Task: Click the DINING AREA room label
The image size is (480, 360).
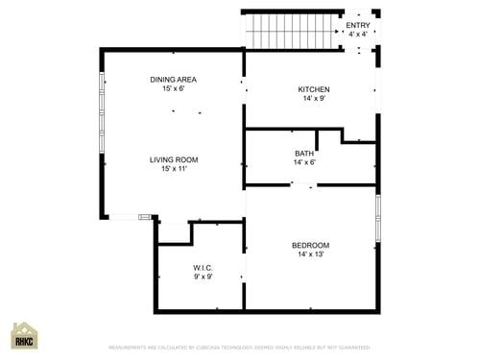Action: click(173, 80)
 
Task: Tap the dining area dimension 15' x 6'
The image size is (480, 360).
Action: click(173, 89)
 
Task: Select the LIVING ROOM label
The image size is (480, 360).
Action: click(173, 159)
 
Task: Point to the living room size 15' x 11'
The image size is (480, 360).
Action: click(173, 169)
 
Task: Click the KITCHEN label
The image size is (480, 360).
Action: click(313, 89)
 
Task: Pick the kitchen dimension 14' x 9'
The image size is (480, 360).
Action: click(313, 99)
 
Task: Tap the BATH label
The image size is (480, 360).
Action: click(303, 154)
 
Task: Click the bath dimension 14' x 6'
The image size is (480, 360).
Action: click(303, 163)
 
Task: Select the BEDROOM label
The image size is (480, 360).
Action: click(310, 246)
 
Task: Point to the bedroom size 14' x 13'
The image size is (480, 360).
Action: click(310, 255)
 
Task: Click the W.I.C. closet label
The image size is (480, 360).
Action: click(203, 268)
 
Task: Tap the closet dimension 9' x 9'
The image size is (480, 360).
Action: click(203, 277)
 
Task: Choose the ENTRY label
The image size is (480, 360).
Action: click(357, 25)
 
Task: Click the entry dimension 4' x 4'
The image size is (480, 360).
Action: click(357, 35)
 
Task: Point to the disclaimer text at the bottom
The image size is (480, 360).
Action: click(239, 348)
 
